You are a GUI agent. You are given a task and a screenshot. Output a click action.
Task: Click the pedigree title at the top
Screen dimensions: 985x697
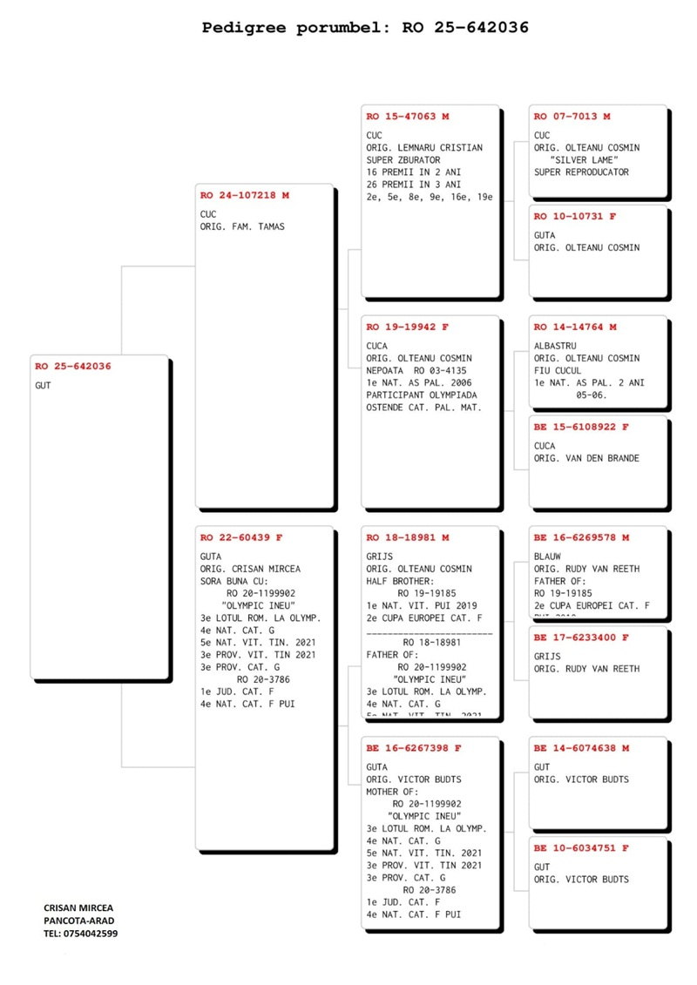365,28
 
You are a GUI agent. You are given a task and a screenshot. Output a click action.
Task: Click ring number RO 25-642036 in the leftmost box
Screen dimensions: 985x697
73,367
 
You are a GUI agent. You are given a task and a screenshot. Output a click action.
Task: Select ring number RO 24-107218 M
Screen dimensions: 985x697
245,196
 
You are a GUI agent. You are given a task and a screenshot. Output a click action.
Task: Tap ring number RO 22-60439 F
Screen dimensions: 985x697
241,538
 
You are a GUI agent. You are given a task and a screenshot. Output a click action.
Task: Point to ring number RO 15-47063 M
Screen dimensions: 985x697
408,117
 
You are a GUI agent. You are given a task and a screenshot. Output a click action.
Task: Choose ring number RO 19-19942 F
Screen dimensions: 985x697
408,327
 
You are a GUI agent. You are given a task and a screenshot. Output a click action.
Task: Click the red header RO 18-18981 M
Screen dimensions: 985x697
408,538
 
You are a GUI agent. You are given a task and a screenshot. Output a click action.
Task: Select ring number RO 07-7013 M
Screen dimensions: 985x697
572,117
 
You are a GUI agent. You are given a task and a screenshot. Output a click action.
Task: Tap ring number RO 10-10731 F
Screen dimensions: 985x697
575,217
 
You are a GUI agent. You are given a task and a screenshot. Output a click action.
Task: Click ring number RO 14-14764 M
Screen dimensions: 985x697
575,327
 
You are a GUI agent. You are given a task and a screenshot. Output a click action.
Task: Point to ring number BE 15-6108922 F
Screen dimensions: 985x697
581,428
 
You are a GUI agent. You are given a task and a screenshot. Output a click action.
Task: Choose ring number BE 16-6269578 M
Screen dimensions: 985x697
581,538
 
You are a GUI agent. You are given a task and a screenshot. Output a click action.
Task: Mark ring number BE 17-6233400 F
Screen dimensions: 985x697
581,638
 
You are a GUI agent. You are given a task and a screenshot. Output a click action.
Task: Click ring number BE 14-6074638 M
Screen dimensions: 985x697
581,748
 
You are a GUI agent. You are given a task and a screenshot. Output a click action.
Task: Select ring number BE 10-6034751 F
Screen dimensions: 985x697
581,848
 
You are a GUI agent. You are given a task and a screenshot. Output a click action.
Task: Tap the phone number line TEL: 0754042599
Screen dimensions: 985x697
81,934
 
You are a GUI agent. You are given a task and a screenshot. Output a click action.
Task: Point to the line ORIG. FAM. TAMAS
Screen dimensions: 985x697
243,227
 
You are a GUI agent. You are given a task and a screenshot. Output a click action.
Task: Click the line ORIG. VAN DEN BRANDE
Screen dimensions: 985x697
586,458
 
